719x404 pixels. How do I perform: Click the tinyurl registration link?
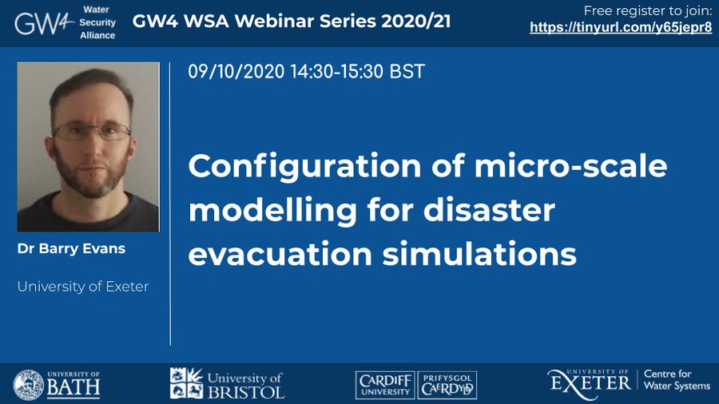621,27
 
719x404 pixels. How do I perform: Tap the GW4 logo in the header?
44,23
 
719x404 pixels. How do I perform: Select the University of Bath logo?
57,385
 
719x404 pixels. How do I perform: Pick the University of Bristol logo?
227,383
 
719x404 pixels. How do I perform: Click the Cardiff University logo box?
385,385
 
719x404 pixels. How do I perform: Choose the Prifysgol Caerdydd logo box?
447,385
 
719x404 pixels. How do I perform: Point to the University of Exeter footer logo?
589,383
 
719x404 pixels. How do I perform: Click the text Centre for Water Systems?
677,380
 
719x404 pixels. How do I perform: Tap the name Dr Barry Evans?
71,249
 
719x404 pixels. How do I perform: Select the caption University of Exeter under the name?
83,287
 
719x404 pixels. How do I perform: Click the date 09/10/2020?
236,71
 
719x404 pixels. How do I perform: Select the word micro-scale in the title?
570,165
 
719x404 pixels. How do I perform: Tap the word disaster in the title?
489,210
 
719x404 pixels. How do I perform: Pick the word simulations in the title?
479,254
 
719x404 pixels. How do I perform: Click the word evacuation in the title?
280,255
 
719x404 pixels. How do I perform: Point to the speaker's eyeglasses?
91,131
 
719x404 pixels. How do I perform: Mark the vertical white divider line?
170,204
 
